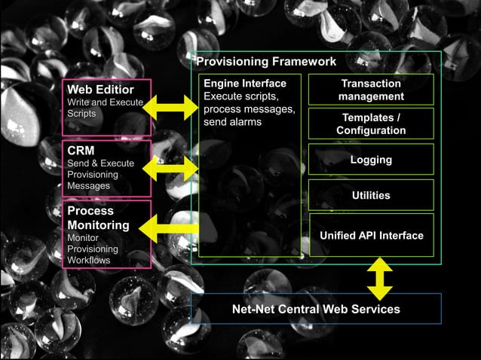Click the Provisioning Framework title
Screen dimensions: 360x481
pos(266,62)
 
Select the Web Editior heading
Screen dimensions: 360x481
pos(100,90)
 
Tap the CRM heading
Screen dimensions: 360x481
pos(81,150)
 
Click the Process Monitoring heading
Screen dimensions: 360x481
pos(98,218)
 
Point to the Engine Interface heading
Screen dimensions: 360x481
pos(245,83)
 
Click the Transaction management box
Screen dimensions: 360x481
pos(371,90)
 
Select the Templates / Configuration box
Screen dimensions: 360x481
pos(371,124)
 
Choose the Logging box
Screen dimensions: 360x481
pos(371,160)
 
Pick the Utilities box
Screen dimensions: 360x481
pos(371,195)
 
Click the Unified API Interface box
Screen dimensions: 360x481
pos(371,235)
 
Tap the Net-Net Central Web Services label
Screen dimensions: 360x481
pos(315,309)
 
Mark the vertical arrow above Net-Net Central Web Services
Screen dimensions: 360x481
pos(378,279)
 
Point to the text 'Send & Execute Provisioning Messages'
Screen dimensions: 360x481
pos(100,174)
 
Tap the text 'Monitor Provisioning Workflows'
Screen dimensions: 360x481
pos(93,249)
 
